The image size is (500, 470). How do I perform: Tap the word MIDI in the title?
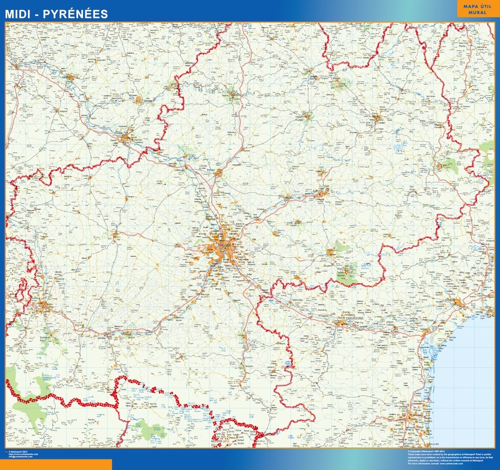pyautogui.click(x=19, y=14)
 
